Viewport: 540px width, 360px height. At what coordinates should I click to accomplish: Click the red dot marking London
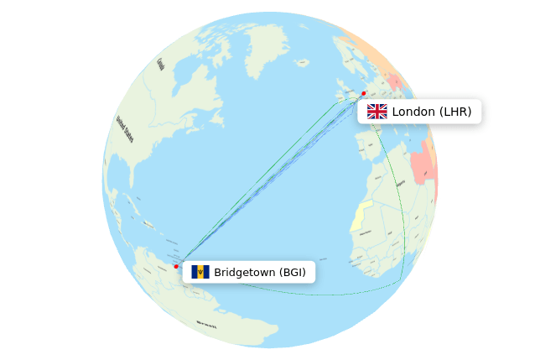pos(363,93)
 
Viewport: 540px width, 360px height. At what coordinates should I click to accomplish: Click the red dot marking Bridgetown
pos(176,266)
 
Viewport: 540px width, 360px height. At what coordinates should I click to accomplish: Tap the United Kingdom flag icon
pos(377,112)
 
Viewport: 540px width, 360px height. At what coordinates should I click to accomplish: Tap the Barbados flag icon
pos(200,272)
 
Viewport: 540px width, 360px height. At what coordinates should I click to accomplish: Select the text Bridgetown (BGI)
pos(259,272)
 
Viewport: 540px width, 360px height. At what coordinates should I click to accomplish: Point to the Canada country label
pos(160,64)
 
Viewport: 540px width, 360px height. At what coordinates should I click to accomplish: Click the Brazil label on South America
pos(206,323)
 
